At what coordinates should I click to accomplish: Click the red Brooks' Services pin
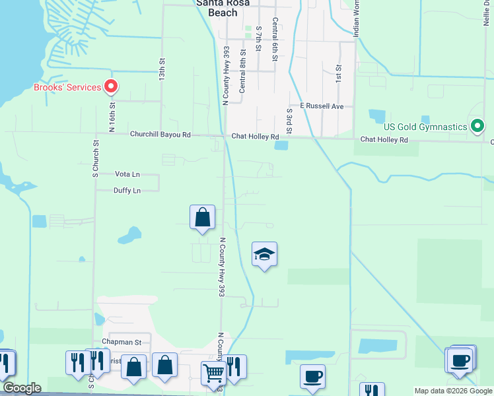click(x=111, y=86)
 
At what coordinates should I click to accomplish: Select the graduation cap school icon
click(x=264, y=255)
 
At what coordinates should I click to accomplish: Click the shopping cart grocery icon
click(x=213, y=373)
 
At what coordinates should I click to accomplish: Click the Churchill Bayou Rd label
click(x=160, y=135)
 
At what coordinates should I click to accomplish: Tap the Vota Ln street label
click(x=127, y=174)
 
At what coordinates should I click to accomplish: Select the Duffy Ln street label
click(x=127, y=191)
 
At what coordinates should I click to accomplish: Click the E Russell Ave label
click(x=322, y=106)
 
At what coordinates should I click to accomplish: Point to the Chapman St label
click(x=122, y=343)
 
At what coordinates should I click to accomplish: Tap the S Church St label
click(x=95, y=158)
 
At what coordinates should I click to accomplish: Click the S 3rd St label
click(x=289, y=121)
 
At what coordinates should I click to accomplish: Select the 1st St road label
click(x=338, y=73)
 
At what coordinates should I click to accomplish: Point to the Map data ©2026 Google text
click(x=454, y=391)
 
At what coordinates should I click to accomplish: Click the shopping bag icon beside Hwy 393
click(x=202, y=217)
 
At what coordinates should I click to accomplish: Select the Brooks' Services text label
click(x=67, y=87)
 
